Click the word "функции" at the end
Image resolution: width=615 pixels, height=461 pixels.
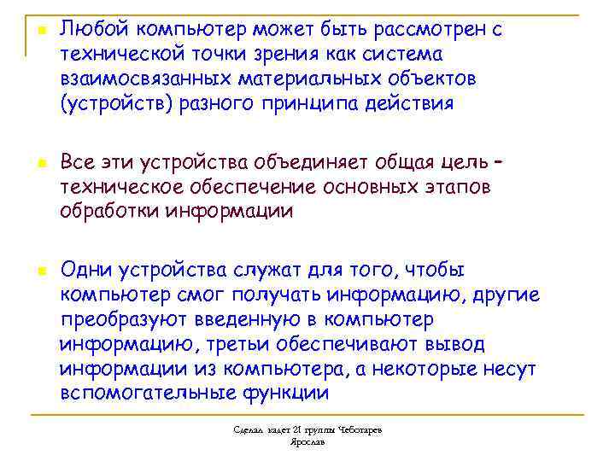tap(287, 394)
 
